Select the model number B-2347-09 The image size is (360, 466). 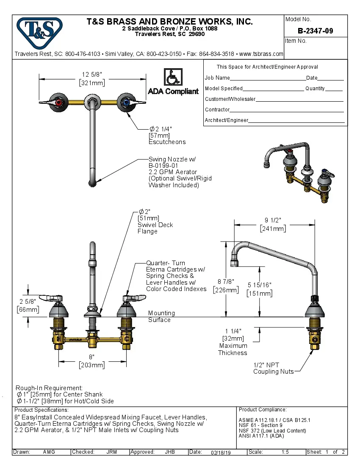coord(316,31)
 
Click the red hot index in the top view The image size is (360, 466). coord(58,103)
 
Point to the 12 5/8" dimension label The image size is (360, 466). coord(92,75)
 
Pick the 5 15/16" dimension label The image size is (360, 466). coord(260,286)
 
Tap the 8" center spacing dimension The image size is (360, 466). coord(91,357)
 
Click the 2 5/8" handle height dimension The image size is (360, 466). coord(28,302)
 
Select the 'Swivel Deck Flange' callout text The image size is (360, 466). coord(155,228)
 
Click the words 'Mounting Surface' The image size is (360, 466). coord(161,316)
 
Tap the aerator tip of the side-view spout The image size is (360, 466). coord(235,264)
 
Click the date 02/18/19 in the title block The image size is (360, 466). coord(221,452)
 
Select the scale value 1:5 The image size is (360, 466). coord(285,452)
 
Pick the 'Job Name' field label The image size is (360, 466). coord(217,78)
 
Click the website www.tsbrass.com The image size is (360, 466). coord(261,54)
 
